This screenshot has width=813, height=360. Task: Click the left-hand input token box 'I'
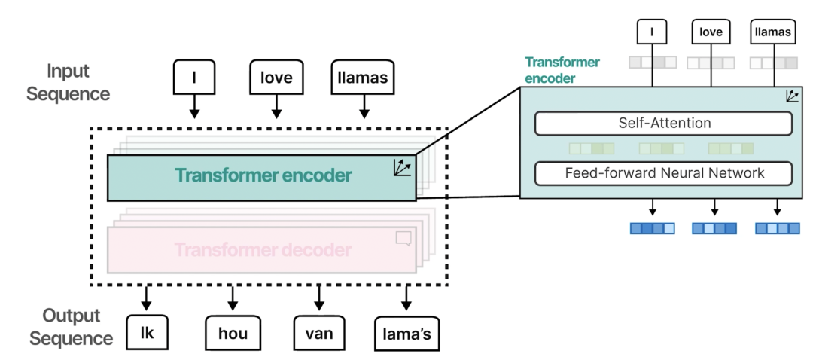[x=194, y=77]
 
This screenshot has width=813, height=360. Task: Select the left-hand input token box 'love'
[x=276, y=77]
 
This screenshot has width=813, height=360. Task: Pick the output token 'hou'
[x=233, y=332]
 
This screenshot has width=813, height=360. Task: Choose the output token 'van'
[x=320, y=332]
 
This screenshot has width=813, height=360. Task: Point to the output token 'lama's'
[x=407, y=333]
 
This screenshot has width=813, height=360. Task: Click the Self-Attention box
[x=663, y=123]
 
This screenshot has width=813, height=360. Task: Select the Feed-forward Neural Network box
[x=663, y=173]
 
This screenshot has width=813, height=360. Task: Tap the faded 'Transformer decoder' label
[x=262, y=249]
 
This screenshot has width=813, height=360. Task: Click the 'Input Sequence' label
[x=69, y=83]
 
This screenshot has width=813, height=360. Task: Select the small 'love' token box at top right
[x=711, y=32]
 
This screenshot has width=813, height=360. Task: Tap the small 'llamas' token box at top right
[x=773, y=32]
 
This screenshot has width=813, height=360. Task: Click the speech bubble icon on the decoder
[x=403, y=238]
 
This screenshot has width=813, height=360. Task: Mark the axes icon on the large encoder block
[x=402, y=168]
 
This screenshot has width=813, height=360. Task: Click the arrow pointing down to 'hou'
[x=233, y=299]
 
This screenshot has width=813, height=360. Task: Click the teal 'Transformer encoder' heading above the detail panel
[x=552, y=69]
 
